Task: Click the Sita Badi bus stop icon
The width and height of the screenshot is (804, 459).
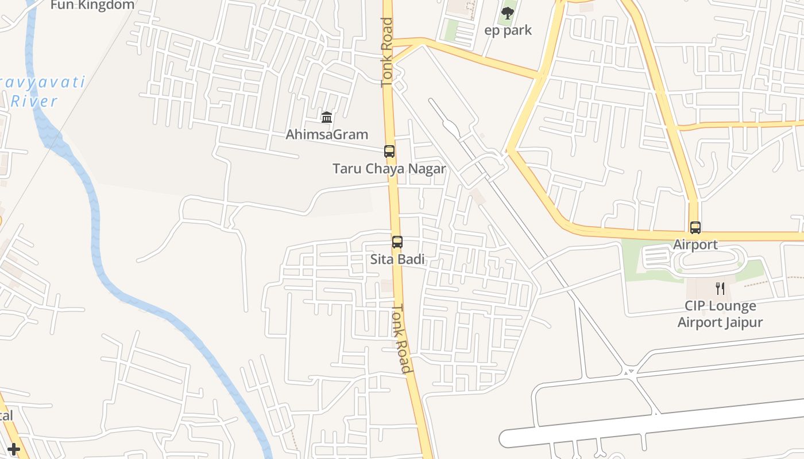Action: [x=397, y=242]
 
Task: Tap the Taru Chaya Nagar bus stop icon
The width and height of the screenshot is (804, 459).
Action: [x=389, y=151]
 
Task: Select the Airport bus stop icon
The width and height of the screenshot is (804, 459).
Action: [x=695, y=228]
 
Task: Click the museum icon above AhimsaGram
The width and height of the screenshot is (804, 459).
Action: [x=327, y=118]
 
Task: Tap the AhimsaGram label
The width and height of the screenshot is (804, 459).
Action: [x=327, y=135]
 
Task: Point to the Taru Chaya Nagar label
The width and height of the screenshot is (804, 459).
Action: [x=389, y=169]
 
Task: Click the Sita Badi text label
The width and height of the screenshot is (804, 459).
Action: [x=397, y=259]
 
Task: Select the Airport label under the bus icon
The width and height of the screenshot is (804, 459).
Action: [x=695, y=245]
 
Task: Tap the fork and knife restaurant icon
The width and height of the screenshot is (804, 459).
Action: [x=720, y=288]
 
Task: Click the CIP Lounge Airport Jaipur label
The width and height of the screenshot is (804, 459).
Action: [x=720, y=314]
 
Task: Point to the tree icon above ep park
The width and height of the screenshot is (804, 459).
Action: [x=508, y=13]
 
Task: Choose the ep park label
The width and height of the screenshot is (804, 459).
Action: [x=508, y=30]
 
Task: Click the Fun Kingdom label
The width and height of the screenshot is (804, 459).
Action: [x=92, y=5]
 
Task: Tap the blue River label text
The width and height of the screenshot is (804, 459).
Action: [x=34, y=102]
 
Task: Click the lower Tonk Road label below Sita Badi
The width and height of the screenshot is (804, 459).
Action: [x=402, y=339]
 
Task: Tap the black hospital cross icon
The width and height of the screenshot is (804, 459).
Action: [x=14, y=449]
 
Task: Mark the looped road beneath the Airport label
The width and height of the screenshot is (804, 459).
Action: [x=712, y=261]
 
